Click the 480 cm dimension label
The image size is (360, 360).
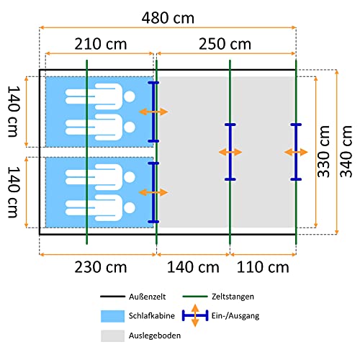[x=168, y=18]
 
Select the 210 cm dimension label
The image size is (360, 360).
[x=101, y=44]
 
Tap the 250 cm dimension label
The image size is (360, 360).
[x=225, y=44]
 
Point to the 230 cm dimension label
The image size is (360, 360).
[x=101, y=267]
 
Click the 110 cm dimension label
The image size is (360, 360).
[x=263, y=267]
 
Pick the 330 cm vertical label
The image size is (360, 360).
[x=323, y=151]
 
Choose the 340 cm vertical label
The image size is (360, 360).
[x=346, y=151]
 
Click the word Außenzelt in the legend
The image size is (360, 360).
[x=147, y=297]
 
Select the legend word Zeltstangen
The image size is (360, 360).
[x=233, y=297]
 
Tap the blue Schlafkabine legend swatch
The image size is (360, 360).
[x=112, y=316]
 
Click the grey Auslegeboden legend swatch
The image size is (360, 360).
[x=112, y=336]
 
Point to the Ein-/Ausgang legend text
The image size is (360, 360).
[x=235, y=316]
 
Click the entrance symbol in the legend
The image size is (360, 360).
[x=195, y=315]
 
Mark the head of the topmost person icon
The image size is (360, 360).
[x=130, y=96]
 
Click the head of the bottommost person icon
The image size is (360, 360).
[x=130, y=208]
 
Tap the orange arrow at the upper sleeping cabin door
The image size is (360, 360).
[x=153, y=112]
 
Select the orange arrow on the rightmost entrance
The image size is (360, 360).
[x=296, y=152]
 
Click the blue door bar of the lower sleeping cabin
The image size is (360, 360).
[x=153, y=192]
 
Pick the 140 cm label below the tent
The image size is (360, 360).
[x=193, y=267]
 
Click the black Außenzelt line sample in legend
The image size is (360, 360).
[x=112, y=297]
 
